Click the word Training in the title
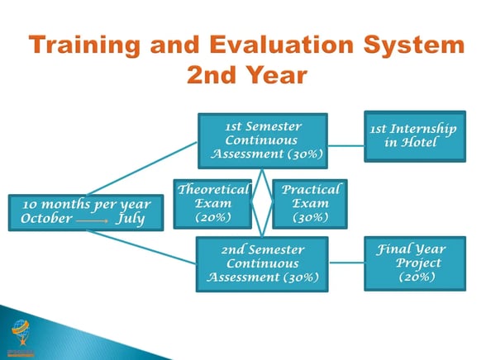coord(84,45)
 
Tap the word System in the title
coord(414,45)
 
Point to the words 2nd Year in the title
coord(247,74)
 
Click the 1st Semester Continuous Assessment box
coord(263,141)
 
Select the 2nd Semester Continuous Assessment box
coord(262,264)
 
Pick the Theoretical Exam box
coord(212,204)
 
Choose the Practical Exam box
coord(310,204)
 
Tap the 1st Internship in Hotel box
coord(415,136)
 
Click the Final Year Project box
coord(415,263)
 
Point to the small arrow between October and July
coord(92,221)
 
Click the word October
coord(46,219)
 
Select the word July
coord(131,219)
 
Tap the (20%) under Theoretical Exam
coord(213,217)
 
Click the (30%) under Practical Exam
coord(310,217)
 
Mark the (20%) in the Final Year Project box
coord(417,277)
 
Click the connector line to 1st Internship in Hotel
coord(345,145)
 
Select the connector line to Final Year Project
coord(346,263)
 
